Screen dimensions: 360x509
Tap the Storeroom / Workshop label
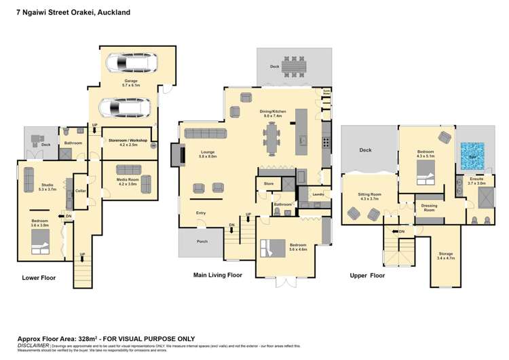(x=128, y=141)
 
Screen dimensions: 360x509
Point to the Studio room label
(x=46, y=185)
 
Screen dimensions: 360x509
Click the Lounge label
(x=208, y=154)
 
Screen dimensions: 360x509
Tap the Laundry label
(x=316, y=194)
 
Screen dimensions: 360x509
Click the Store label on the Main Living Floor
(x=268, y=183)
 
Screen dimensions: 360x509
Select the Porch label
(x=202, y=241)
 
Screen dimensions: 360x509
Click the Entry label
(x=201, y=213)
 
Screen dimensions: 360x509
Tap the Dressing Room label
(x=429, y=207)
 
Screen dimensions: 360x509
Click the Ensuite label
(x=476, y=180)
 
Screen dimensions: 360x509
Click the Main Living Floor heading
(x=217, y=276)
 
